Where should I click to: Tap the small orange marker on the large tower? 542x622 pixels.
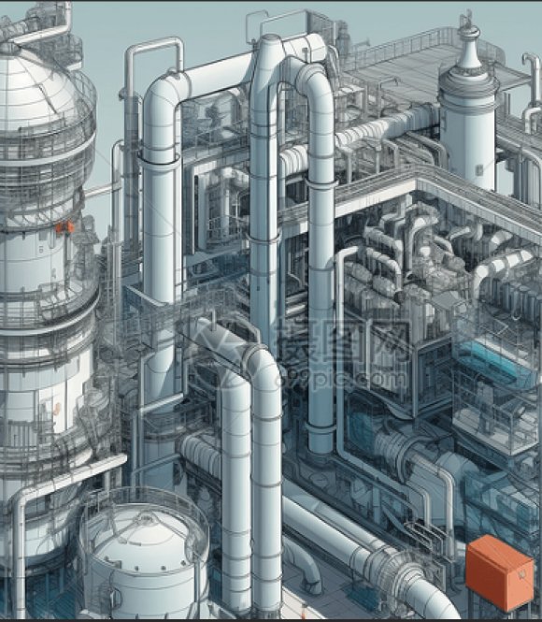(64, 227)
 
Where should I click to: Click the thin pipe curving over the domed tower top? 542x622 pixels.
(37, 28)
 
